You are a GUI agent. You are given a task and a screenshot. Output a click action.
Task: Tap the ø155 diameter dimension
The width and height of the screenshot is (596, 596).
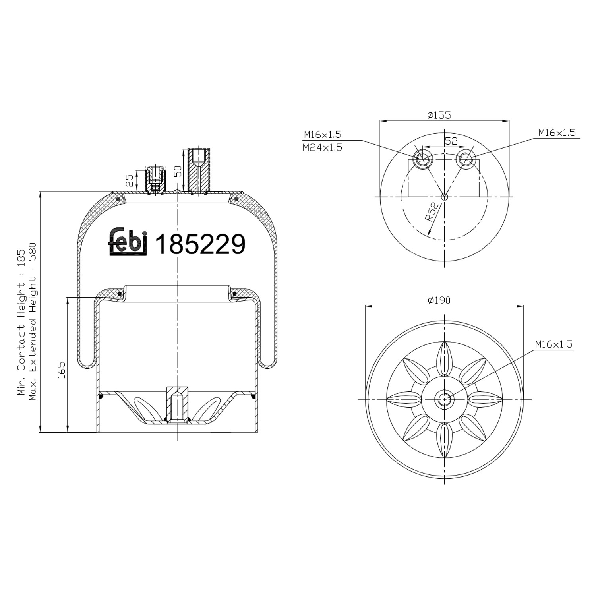click(x=439, y=115)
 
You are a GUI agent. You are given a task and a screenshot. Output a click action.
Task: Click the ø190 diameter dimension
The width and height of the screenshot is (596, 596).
click(x=439, y=300)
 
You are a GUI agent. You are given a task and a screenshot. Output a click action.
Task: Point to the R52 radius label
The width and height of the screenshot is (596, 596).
click(x=432, y=212)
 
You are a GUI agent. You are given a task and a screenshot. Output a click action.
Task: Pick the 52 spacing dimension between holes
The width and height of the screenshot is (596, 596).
click(x=451, y=141)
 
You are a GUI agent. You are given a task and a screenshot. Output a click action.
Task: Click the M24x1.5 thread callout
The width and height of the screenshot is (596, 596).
click(x=322, y=148)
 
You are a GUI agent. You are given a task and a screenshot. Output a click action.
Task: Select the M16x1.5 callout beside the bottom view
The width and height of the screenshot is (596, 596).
click(x=553, y=344)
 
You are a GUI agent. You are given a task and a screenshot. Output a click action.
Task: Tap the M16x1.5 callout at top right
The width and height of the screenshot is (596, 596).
click(x=557, y=132)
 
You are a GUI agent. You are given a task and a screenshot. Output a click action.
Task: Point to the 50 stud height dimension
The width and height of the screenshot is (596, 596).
click(x=178, y=171)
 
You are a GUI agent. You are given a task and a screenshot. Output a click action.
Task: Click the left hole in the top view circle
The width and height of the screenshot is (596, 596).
click(x=422, y=159)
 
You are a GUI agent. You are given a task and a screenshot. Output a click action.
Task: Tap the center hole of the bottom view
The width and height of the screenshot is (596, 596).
click(x=444, y=400)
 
